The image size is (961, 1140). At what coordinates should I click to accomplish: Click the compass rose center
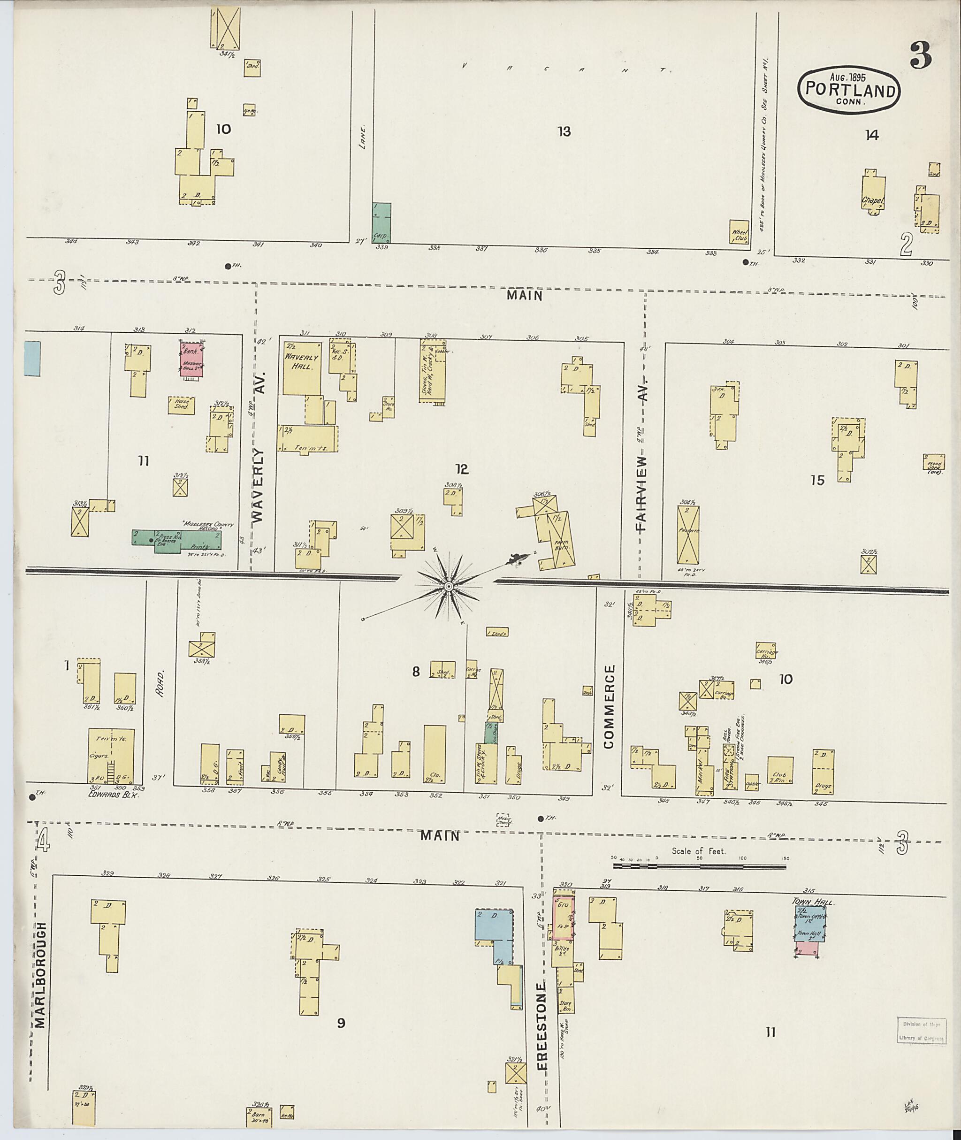[449, 586]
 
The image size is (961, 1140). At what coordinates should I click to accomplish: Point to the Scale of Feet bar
[700, 865]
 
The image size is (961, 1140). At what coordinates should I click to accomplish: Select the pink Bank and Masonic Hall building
[191, 358]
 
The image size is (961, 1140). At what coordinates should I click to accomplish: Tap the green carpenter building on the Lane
[381, 222]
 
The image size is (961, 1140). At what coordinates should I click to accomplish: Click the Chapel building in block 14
[873, 193]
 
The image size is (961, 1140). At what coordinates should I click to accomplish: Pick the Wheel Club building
[739, 232]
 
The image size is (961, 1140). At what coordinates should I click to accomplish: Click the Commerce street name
[609, 706]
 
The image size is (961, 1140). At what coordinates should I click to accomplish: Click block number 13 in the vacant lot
[564, 131]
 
